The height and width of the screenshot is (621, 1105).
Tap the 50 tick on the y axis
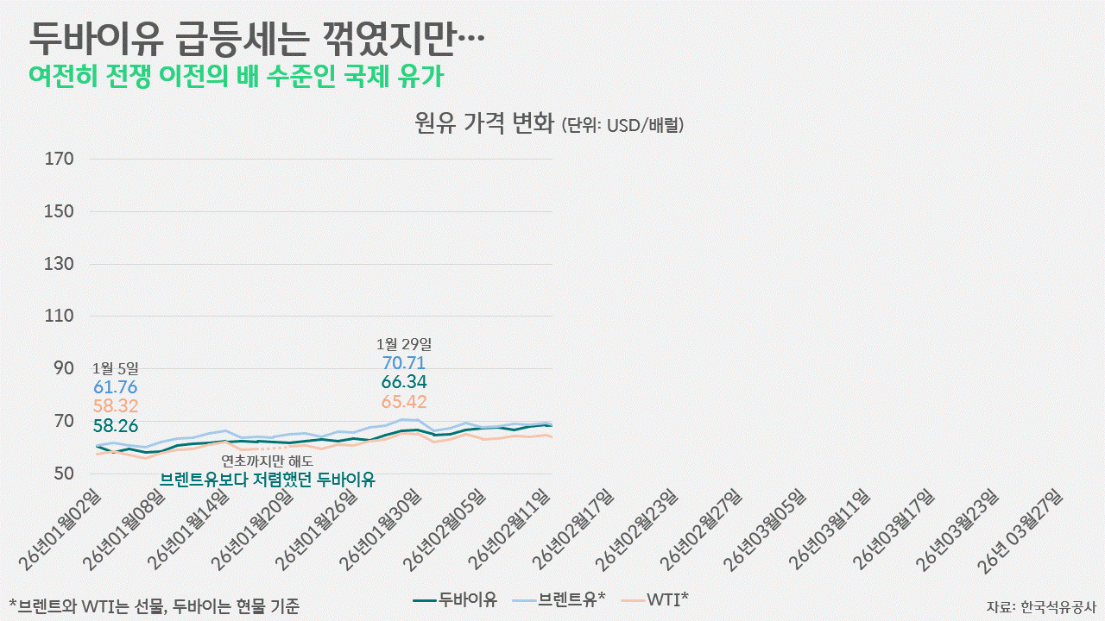(x=64, y=474)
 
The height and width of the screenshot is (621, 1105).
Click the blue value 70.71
(x=403, y=363)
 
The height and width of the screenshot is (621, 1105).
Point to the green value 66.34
(x=403, y=382)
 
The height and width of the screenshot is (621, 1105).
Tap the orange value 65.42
(x=403, y=402)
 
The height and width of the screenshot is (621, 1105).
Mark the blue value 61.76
(x=114, y=387)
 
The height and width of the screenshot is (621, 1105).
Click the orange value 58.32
(x=114, y=405)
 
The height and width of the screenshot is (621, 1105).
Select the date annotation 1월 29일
(x=403, y=343)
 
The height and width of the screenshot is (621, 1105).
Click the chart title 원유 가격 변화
(x=483, y=124)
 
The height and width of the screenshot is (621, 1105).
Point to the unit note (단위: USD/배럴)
(x=622, y=126)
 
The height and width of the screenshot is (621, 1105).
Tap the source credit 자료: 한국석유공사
(x=1041, y=605)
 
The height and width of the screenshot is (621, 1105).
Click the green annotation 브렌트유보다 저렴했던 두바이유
(x=268, y=480)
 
